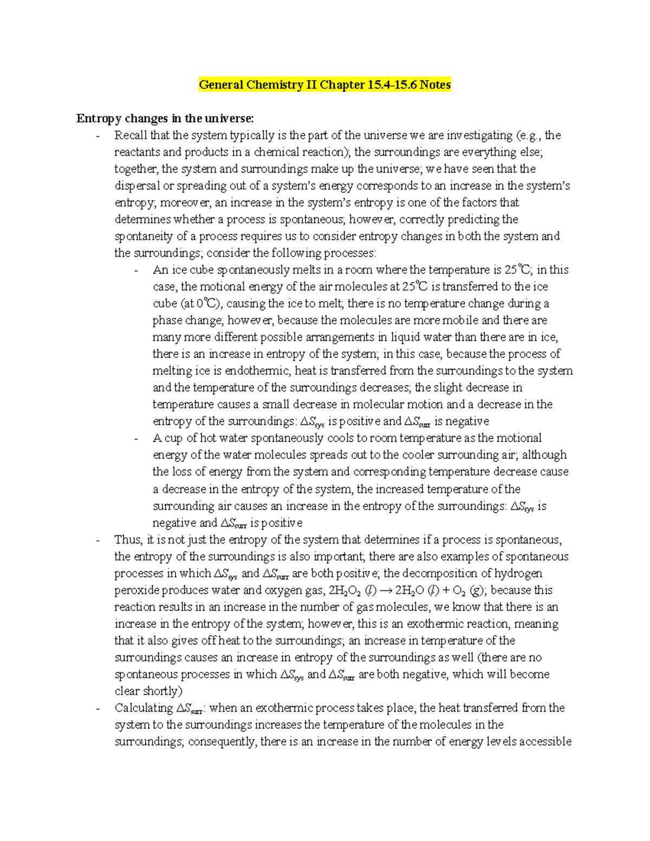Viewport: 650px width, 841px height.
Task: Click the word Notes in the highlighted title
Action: [x=435, y=85]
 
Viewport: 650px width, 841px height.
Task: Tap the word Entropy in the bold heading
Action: [x=99, y=119]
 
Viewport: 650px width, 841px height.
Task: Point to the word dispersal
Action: [x=137, y=186]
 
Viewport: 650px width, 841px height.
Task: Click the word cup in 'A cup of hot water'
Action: [x=173, y=438]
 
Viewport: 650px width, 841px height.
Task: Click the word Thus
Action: [x=128, y=540]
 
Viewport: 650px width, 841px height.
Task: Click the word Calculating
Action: [x=144, y=708]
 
